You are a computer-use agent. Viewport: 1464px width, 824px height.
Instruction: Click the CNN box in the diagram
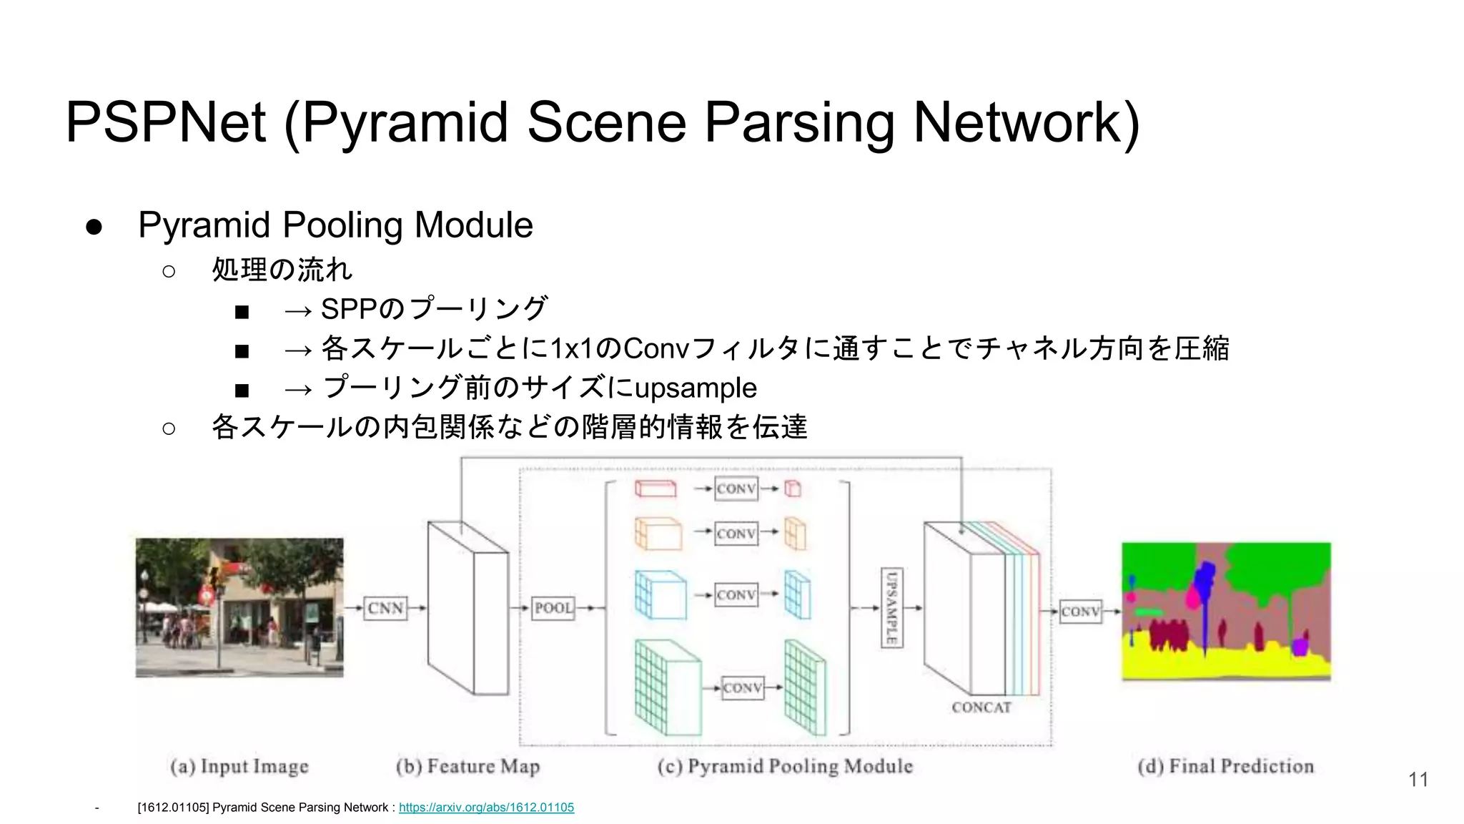pos(385,608)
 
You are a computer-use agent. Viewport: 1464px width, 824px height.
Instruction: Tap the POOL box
pos(553,608)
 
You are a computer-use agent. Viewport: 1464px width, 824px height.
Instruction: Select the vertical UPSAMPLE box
pos(891,608)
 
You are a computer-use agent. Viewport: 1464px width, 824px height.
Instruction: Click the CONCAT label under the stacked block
pos(981,707)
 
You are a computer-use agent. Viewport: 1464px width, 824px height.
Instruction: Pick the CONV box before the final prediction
pos(1080,612)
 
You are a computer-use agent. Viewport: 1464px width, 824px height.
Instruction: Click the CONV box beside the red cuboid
pos(736,489)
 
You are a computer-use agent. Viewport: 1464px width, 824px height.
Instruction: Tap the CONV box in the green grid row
pos(743,688)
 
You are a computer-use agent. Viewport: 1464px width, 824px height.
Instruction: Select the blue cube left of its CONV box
pos(660,595)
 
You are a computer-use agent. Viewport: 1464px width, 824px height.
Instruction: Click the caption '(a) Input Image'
pos(239,767)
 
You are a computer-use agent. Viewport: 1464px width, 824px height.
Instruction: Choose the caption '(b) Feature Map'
pos(468,767)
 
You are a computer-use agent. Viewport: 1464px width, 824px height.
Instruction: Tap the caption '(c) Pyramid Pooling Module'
pos(785,767)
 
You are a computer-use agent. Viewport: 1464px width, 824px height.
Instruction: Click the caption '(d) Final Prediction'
pos(1225,767)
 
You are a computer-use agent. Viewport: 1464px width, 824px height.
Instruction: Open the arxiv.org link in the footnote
pos(486,808)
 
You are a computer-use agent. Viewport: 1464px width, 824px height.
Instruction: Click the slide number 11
pos(1418,780)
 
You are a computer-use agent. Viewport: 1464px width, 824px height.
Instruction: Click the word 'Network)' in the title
pos(1027,122)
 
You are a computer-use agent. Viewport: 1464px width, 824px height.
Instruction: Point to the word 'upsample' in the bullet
pos(696,388)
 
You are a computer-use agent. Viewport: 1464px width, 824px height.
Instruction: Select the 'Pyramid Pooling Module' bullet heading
pos(335,225)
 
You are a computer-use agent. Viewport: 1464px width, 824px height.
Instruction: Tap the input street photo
pos(239,608)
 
